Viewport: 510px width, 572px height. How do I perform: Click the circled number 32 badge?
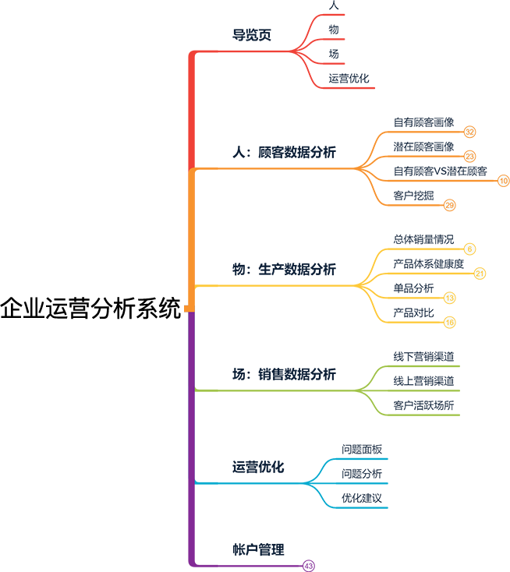[469, 132]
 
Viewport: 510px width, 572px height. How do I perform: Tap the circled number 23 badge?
[469, 157]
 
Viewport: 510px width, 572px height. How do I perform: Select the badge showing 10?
[504, 181]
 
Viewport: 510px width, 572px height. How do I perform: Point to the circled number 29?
[449, 205]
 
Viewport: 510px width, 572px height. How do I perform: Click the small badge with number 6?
[469, 249]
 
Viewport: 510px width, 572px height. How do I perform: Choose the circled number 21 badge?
[480, 274]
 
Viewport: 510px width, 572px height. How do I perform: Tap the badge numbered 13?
[449, 298]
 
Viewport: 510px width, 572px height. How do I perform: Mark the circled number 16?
[449, 322]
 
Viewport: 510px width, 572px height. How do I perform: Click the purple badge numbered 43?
[308, 565]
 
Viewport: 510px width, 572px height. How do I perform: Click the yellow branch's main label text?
[285, 271]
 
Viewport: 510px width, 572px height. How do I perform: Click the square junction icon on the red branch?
[302, 55]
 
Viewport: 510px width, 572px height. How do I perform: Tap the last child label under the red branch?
[347, 78]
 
